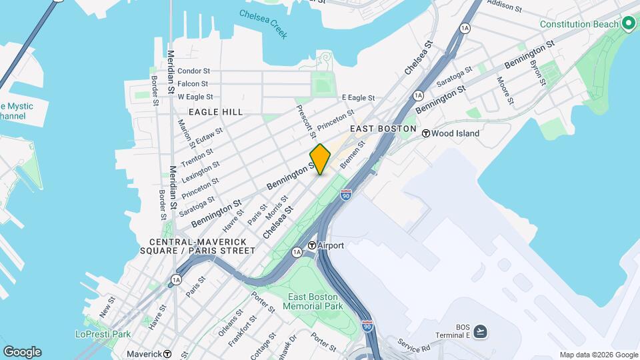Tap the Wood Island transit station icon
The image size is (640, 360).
click(426, 133)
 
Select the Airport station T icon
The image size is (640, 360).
click(311, 246)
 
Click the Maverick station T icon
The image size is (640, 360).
click(167, 354)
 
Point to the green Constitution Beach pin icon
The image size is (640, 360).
click(628, 24)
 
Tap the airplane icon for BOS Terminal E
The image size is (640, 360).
click(482, 331)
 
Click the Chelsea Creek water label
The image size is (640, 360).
click(263, 24)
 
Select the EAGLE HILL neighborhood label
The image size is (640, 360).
click(215, 112)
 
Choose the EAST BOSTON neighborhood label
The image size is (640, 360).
click(383, 129)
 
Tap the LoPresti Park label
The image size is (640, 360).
click(103, 333)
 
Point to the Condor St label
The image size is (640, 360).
click(194, 71)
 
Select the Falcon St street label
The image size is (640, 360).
click(193, 84)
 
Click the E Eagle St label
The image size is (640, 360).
click(359, 97)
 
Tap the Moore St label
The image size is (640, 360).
click(503, 91)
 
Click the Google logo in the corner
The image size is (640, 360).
click(22, 352)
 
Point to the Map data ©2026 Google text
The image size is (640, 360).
click(599, 355)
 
